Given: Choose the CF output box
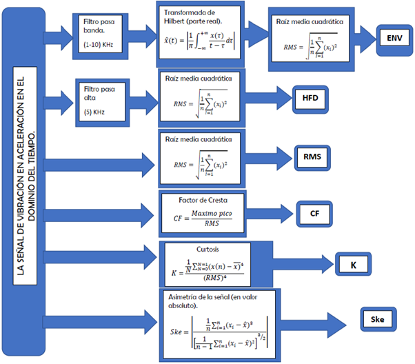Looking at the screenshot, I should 314,213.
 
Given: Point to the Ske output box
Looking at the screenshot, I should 378,320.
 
